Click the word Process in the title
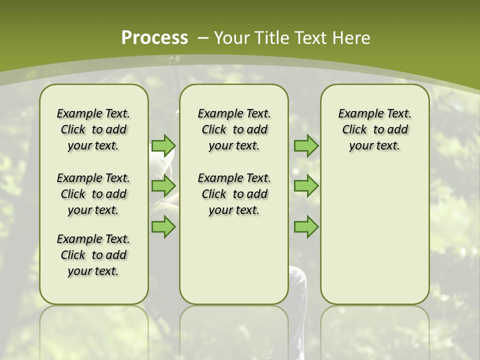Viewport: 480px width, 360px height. (x=154, y=38)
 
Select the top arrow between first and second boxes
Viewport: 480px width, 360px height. (x=163, y=145)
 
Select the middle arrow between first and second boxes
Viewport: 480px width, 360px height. (x=163, y=186)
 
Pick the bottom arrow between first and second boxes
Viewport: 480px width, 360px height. (x=163, y=227)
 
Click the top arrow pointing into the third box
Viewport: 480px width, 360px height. (x=306, y=145)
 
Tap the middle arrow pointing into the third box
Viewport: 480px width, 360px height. (x=306, y=186)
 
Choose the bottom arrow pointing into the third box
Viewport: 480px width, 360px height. (x=306, y=227)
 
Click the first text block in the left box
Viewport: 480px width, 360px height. (x=93, y=129)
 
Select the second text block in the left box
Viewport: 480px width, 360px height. (x=93, y=194)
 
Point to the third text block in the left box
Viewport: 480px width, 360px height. (x=93, y=255)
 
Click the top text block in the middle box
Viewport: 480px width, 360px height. (x=234, y=129)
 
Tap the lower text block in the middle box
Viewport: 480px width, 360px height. (x=234, y=194)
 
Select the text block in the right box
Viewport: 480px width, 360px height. (x=374, y=129)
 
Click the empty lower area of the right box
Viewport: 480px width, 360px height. (x=374, y=235)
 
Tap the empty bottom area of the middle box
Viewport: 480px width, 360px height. (x=234, y=265)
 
